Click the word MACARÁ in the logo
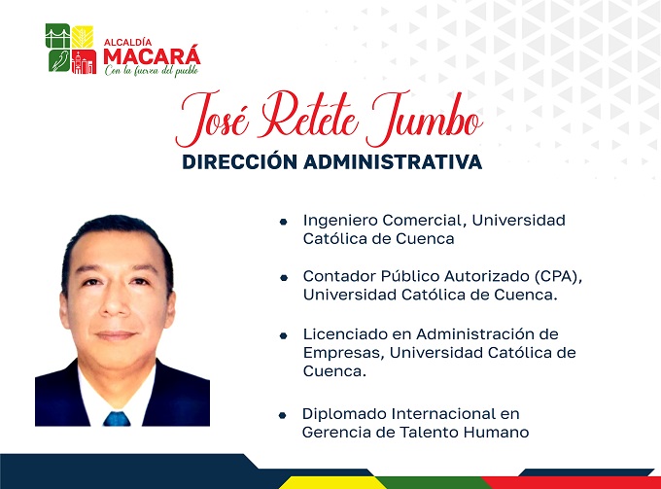point(152,56)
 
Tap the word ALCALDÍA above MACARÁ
point(127,42)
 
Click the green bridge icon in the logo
point(57,36)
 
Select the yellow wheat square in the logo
point(83,37)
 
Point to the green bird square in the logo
point(58,60)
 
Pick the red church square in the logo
point(84,61)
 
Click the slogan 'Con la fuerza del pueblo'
point(152,70)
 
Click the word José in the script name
point(212,119)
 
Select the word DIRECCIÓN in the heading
point(240,162)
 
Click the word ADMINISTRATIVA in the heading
point(393,162)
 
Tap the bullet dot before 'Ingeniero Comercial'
point(283,222)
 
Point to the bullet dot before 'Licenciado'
point(283,335)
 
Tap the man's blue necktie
point(117,419)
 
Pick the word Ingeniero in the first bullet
point(340,221)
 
